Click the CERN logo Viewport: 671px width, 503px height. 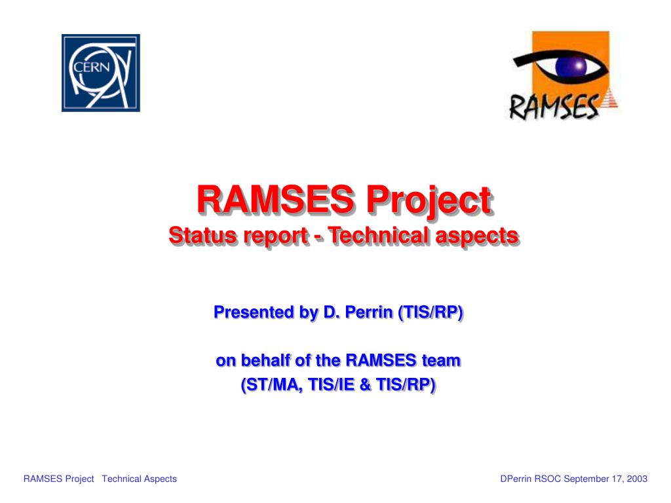(x=100, y=73)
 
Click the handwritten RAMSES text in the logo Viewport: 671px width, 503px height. (x=553, y=107)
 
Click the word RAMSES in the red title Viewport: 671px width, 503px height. (x=275, y=199)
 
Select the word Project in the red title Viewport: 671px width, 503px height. (x=429, y=201)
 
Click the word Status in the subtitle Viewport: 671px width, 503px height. (x=202, y=235)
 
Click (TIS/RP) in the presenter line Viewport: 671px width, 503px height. (x=430, y=312)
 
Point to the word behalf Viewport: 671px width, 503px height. (x=265, y=360)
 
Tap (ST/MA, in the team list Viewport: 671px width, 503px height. (x=271, y=384)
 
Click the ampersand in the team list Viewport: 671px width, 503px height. (x=364, y=384)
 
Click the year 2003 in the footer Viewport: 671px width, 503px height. (x=637, y=479)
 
